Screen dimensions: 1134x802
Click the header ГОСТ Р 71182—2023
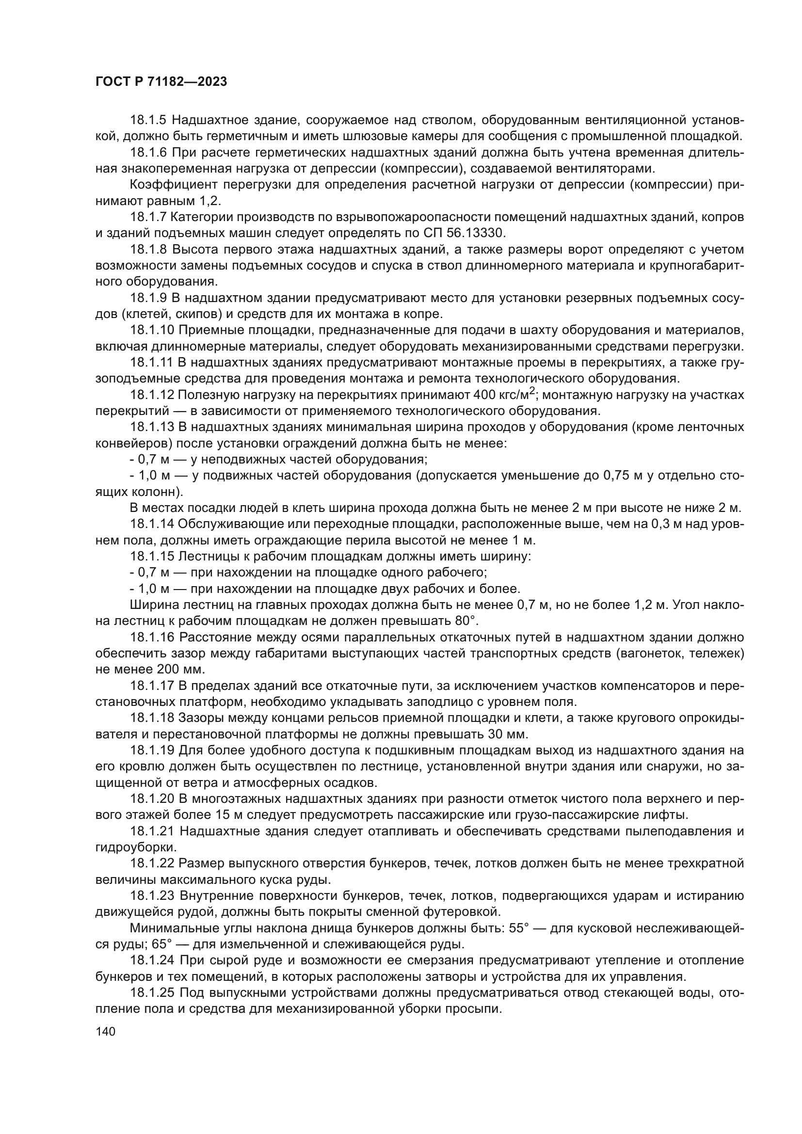[161, 82]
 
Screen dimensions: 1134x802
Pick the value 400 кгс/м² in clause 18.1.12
[504, 395]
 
